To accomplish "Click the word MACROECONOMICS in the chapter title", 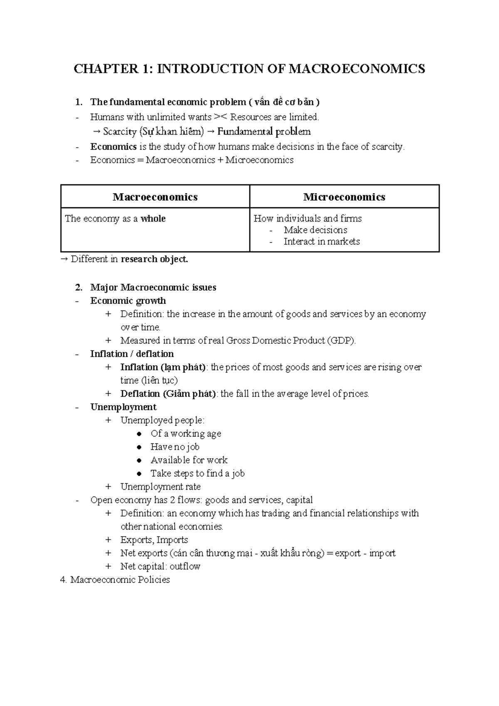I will click(x=357, y=69).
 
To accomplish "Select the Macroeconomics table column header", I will click(x=155, y=197).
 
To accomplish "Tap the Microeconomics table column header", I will click(x=344, y=197).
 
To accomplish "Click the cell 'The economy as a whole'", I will click(x=115, y=219).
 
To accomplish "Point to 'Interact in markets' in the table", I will click(x=321, y=242).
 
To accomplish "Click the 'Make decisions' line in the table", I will click(x=315, y=230).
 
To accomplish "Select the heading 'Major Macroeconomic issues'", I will click(x=153, y=288).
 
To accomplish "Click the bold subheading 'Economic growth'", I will click(x=128, y=301).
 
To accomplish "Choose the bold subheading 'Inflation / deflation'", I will click(x=132, y=354).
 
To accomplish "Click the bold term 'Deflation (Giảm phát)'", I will click(x=168, y=394).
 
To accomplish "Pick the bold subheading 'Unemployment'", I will click(x=124, y=407).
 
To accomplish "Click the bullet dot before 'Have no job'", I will click(x=140, y=447).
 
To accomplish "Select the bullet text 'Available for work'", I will click(x=189, y=460).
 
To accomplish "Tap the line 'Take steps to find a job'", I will click(x=197, y=474).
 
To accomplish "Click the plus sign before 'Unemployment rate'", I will click(x=109, y=487).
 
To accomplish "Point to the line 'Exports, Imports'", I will click(x=154, y=540).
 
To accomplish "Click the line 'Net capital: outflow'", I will click(x=160, y=567).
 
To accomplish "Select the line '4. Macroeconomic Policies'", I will click(x=115, y=580).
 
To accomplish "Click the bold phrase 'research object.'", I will click(x=154, y=259).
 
